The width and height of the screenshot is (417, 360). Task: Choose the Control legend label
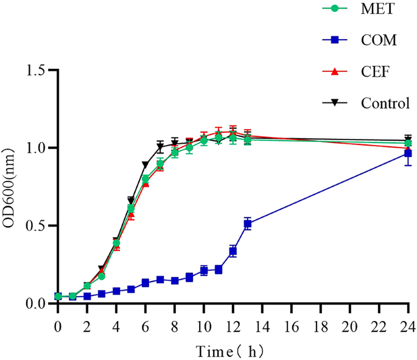click(x=385, y=102)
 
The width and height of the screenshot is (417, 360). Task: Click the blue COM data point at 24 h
click(x=408, y=154)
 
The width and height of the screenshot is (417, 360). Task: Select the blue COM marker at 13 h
click(x=248, y=224)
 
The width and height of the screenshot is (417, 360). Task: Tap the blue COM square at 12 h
click(x=233, y=251)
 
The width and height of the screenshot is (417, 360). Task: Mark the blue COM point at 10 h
click(x=204, y=270)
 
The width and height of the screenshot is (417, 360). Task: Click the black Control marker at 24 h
click(x=408, y=140)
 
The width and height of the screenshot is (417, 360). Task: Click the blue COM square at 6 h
click(x=145, y=283)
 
